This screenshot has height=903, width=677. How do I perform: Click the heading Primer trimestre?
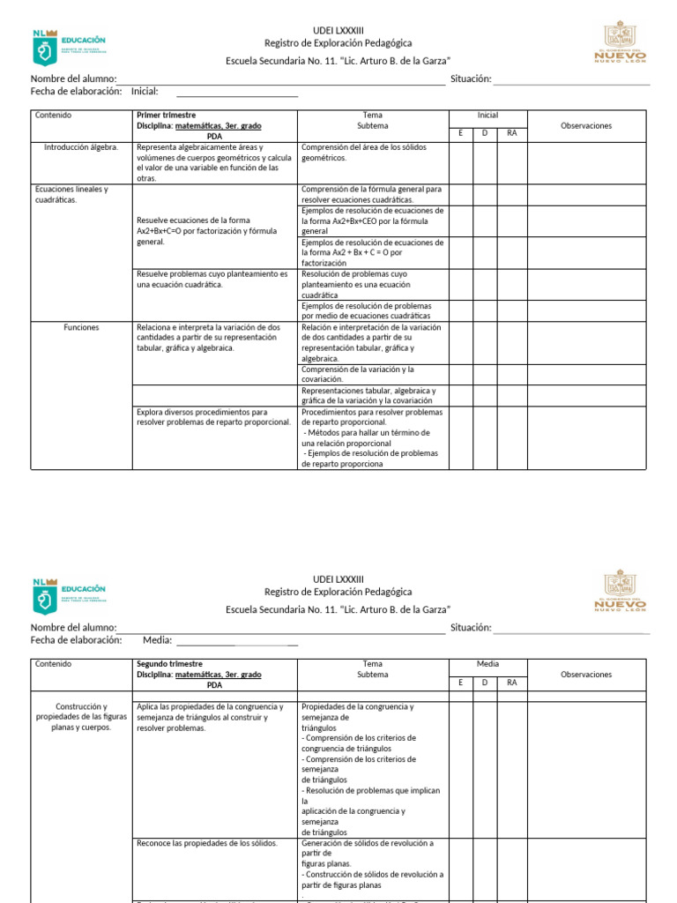coord(167,116)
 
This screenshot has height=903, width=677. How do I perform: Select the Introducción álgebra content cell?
coord(81,147)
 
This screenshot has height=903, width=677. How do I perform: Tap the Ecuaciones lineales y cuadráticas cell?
coord(71,194)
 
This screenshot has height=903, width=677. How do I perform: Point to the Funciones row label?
coord(81,327)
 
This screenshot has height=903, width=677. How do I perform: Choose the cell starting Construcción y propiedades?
coord(81,717)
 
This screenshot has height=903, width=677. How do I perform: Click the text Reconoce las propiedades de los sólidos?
coord(207,843)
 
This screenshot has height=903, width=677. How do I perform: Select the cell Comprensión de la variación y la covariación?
coord(358,374)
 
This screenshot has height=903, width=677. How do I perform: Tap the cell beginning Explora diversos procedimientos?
coord(213,417)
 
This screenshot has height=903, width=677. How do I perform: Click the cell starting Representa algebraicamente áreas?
coord(214,162)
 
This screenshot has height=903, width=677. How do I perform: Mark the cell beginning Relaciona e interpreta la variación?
coord(209,338)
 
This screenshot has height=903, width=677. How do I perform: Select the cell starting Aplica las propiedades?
coord(210,717)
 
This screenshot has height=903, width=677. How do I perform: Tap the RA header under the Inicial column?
coord(511,133)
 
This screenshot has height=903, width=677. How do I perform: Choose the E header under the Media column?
coord(460,682)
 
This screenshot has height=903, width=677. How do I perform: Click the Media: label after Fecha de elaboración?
coord(157,640)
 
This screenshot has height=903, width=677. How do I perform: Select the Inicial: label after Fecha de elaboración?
coord(145,91)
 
